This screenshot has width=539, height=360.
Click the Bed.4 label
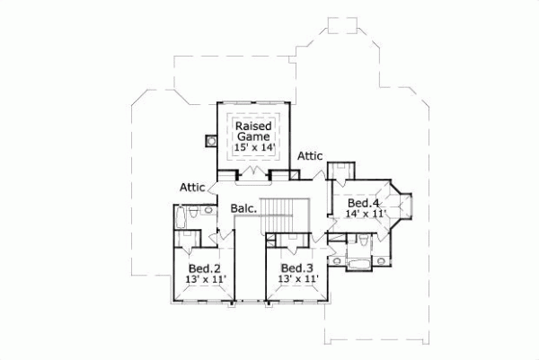coord(365,203)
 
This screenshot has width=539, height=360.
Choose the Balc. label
coord(243,209)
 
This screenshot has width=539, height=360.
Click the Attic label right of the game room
coord(310,155)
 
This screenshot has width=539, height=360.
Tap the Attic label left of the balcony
coord(192,188)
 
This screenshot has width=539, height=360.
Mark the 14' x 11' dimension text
coord(365,215)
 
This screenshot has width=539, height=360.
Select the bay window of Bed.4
coord(402,206)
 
